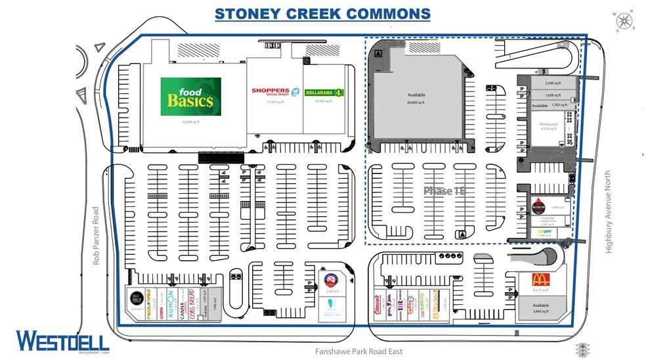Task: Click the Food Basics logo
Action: [x=190, y=97]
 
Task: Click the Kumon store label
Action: [x=170, y=301]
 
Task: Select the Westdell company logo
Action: [x=63, y=342]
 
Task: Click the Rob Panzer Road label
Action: [x=95, y=237]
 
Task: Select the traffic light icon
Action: [x=580, y=349]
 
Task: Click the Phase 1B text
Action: [x=444, y=191]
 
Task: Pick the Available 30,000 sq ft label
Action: [x=416, y=99]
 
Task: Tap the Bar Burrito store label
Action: [x=420, y=307]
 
